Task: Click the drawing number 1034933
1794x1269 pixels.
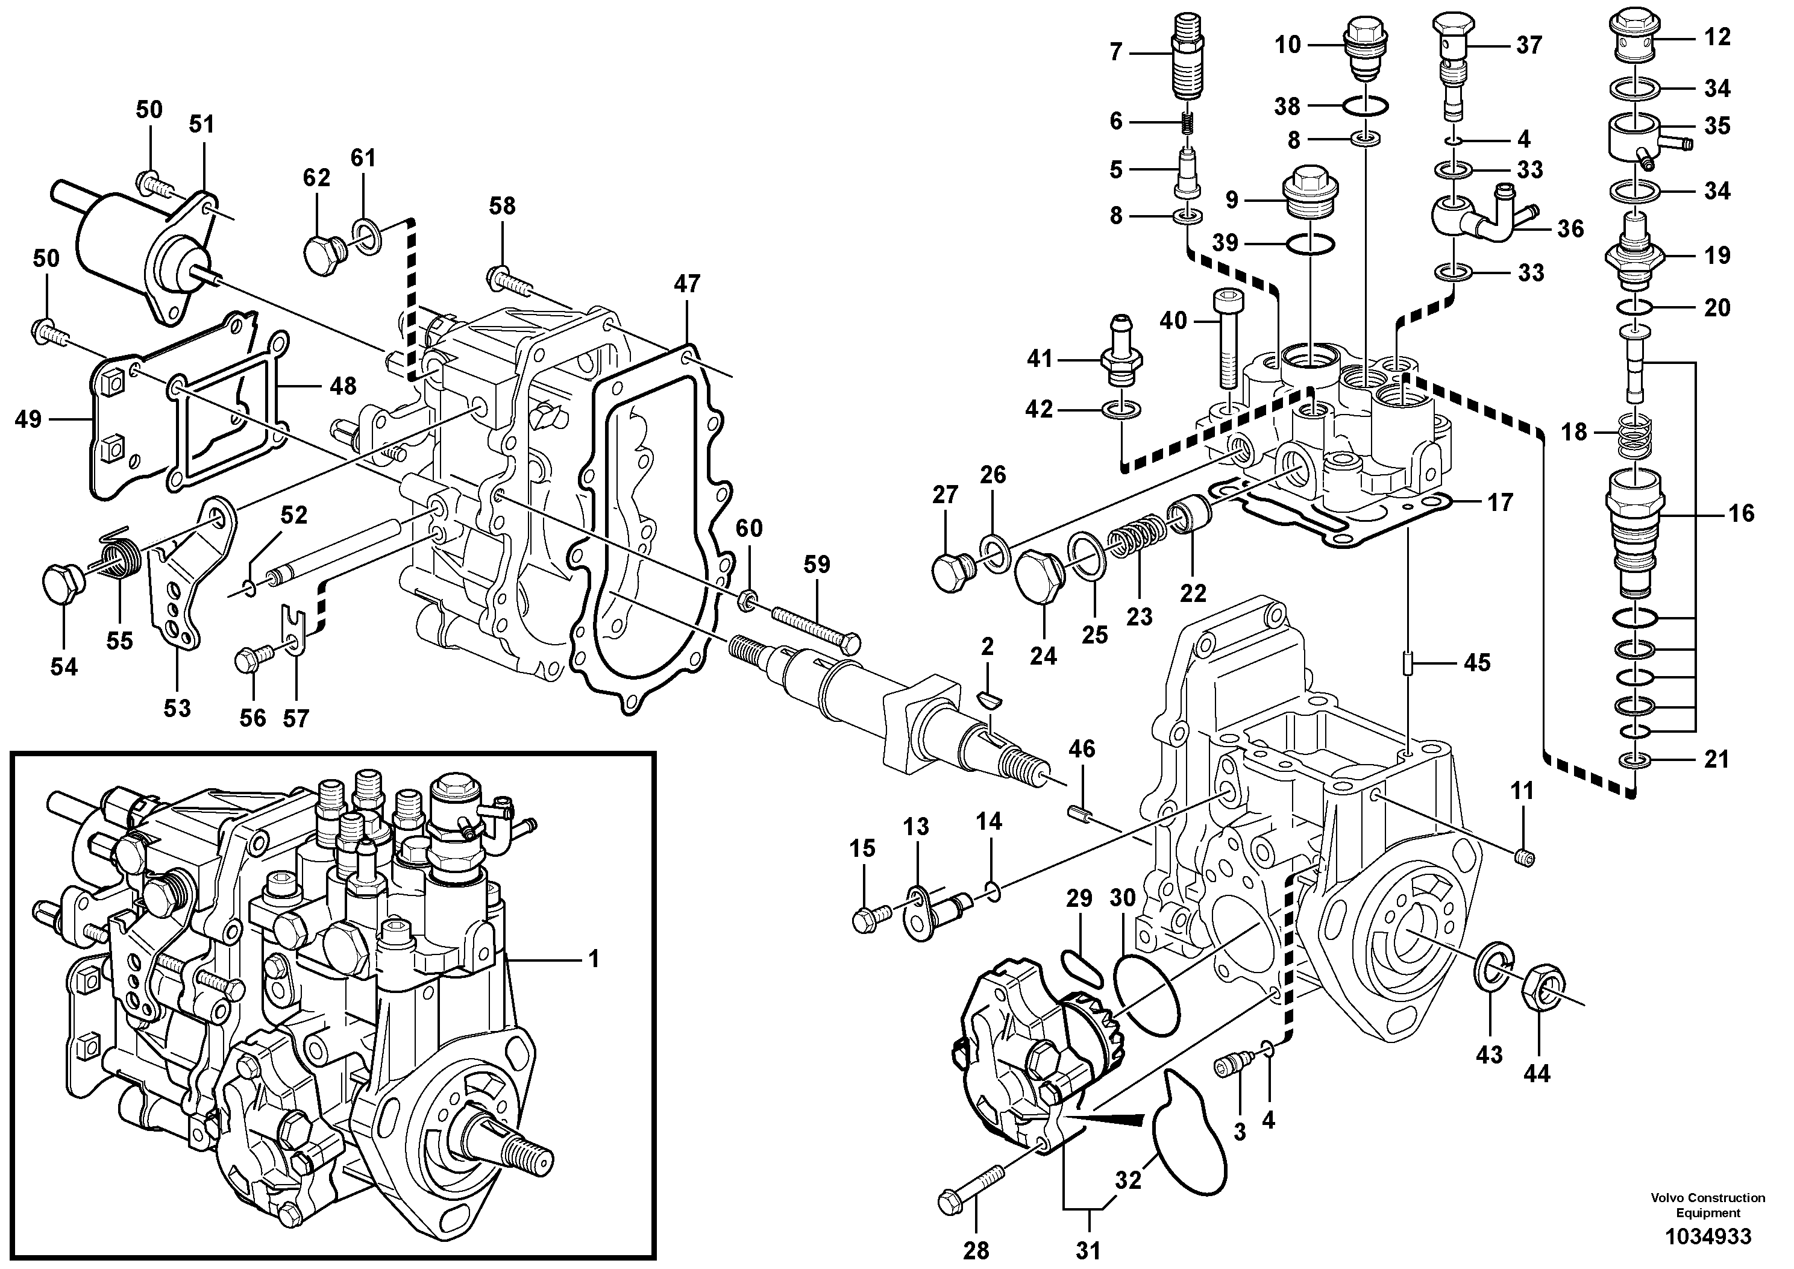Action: (x=1707, y=1236)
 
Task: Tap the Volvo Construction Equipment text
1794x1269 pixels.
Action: (x=1707, y=1205)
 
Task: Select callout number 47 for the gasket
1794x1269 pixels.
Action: (x=687, y=284)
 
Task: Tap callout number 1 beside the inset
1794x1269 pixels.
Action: (x=593, y=959)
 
